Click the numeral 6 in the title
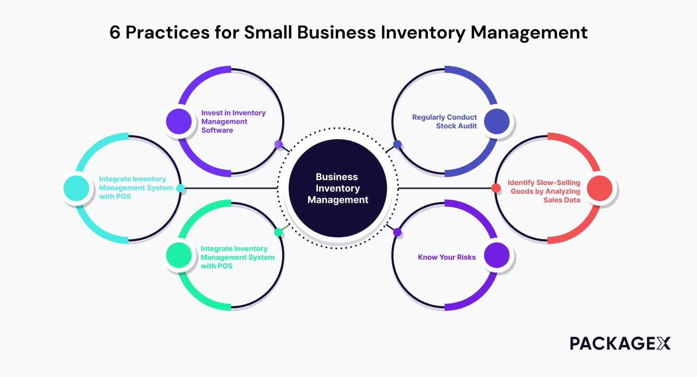[115, 33]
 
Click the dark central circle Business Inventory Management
[337, 188]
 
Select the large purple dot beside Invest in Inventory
[179, 121]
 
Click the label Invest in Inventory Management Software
[233, 121]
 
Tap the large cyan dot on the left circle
[76, 188]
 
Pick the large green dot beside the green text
[179, 255]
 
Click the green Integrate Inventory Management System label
[237, 257]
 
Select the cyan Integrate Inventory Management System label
[135, 188]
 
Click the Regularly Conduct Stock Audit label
[444, 121]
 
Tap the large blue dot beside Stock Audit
[497, 121]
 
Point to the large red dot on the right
[600, 188]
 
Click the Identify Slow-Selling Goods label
[544, 191]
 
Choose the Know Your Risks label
[447, 257]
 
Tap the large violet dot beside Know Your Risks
[497, 255]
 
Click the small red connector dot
[496, 188]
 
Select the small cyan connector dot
[181, 188]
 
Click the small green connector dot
[278, 232]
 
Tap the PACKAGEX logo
[620, 343]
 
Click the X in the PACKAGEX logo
[663, 343]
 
